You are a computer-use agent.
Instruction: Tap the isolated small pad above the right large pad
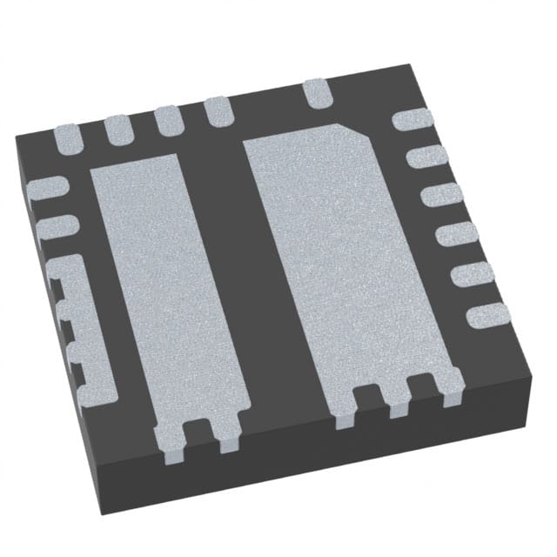pos(317,91)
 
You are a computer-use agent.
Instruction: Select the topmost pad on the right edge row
pos(408,121)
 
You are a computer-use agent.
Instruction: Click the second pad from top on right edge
pos(426,158)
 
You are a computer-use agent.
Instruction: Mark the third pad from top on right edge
pos(441,196)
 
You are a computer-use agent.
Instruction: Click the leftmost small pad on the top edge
pos(67,138)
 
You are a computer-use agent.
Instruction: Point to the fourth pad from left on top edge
pos(218,111)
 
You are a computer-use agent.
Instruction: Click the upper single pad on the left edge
pos(47,188)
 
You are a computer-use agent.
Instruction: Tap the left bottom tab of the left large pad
pos(171,440)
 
